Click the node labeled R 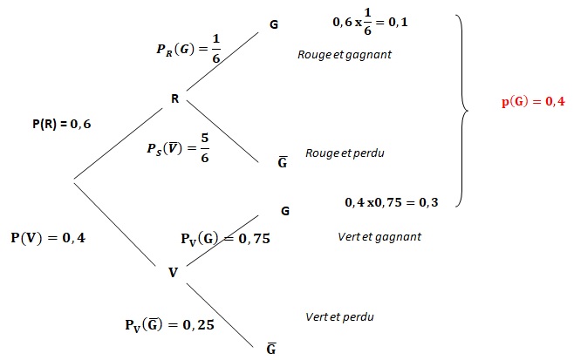click(x=175, y=98)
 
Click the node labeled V click(x=173, y=273)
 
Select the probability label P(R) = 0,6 click(x=61, y=124)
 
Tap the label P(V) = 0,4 click(x=48, y=238)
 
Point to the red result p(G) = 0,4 click(x=533, y=101)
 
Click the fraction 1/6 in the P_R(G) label click(x=216, y=49)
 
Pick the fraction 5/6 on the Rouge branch click(x=205, y=148)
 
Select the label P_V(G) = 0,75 click(x=225, y=239)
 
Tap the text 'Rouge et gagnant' click(x=345, y=55)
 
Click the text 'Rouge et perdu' click(x=345, y=153)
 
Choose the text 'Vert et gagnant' click(x=379, y=237)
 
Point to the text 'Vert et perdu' click(x=339, y=316)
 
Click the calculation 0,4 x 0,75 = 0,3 click(x=392, y=202)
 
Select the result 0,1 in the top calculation click(x=398, y=23)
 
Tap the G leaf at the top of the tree click(x=274, y=24)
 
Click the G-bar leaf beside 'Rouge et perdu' click(x=283, y=162)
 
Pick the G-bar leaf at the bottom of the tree click(x=271, y=349)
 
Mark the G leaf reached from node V click(x=285, y=211)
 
